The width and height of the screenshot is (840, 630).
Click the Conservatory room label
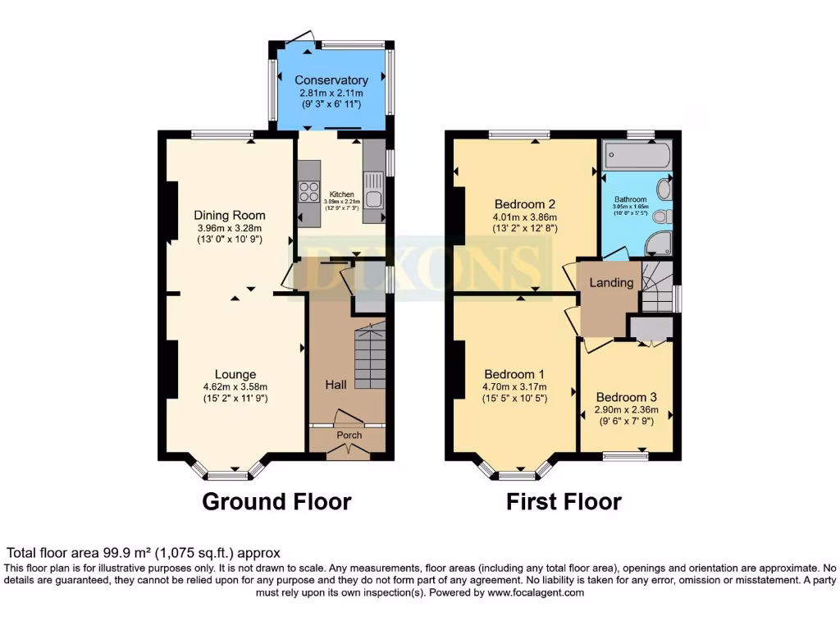pos(331,80)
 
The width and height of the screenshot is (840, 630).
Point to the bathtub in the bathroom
pos(637,154)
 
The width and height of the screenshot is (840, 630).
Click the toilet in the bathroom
pos(666,217)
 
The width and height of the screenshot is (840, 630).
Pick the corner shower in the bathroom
pos(660,242)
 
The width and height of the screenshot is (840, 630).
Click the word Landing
pos(612,283)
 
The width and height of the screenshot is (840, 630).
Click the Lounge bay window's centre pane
pos(227,474)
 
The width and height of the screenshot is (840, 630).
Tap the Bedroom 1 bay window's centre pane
pos(516,474)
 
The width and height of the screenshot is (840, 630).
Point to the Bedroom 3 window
pos(625,455)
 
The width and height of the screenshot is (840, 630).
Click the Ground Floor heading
pos(276,501)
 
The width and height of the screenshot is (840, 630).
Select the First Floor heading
pos(564,501)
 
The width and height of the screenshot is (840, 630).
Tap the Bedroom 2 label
pos(526,204)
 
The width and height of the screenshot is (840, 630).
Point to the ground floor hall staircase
pos(370,357)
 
